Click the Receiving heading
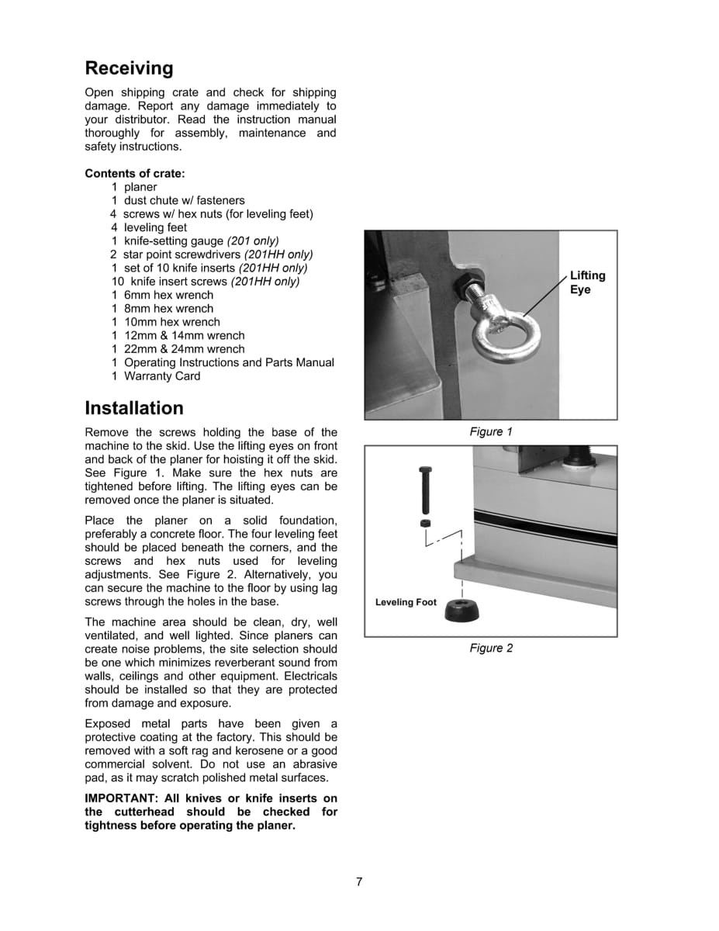point(129,68)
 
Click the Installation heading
point(134,408)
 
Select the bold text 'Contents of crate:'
point(135,173)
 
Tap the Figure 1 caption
point(491,432)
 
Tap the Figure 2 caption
point(491,649)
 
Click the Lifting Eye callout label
point(587,282)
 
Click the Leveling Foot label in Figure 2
point(406,603)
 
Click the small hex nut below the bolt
point(425,524)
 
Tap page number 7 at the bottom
point(359,881)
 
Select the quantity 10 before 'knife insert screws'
point(117,282)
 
